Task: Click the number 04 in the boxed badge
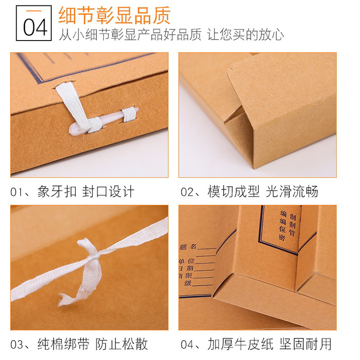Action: (x=35, y=27)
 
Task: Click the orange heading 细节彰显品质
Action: (x=114, y=15)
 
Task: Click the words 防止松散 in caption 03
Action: (x=121, y=345)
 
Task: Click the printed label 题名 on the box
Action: (x=189, y=247)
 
